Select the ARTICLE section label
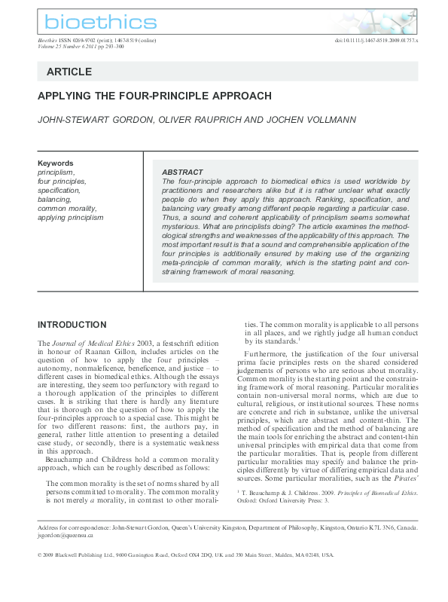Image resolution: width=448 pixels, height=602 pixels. pos(69,72)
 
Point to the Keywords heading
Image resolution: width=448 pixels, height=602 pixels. pos(56,163)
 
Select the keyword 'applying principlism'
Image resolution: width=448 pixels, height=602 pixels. pos(71,218)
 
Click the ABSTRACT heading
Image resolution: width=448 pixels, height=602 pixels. pos(182,173)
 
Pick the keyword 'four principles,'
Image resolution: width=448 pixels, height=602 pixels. pos(62,181)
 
